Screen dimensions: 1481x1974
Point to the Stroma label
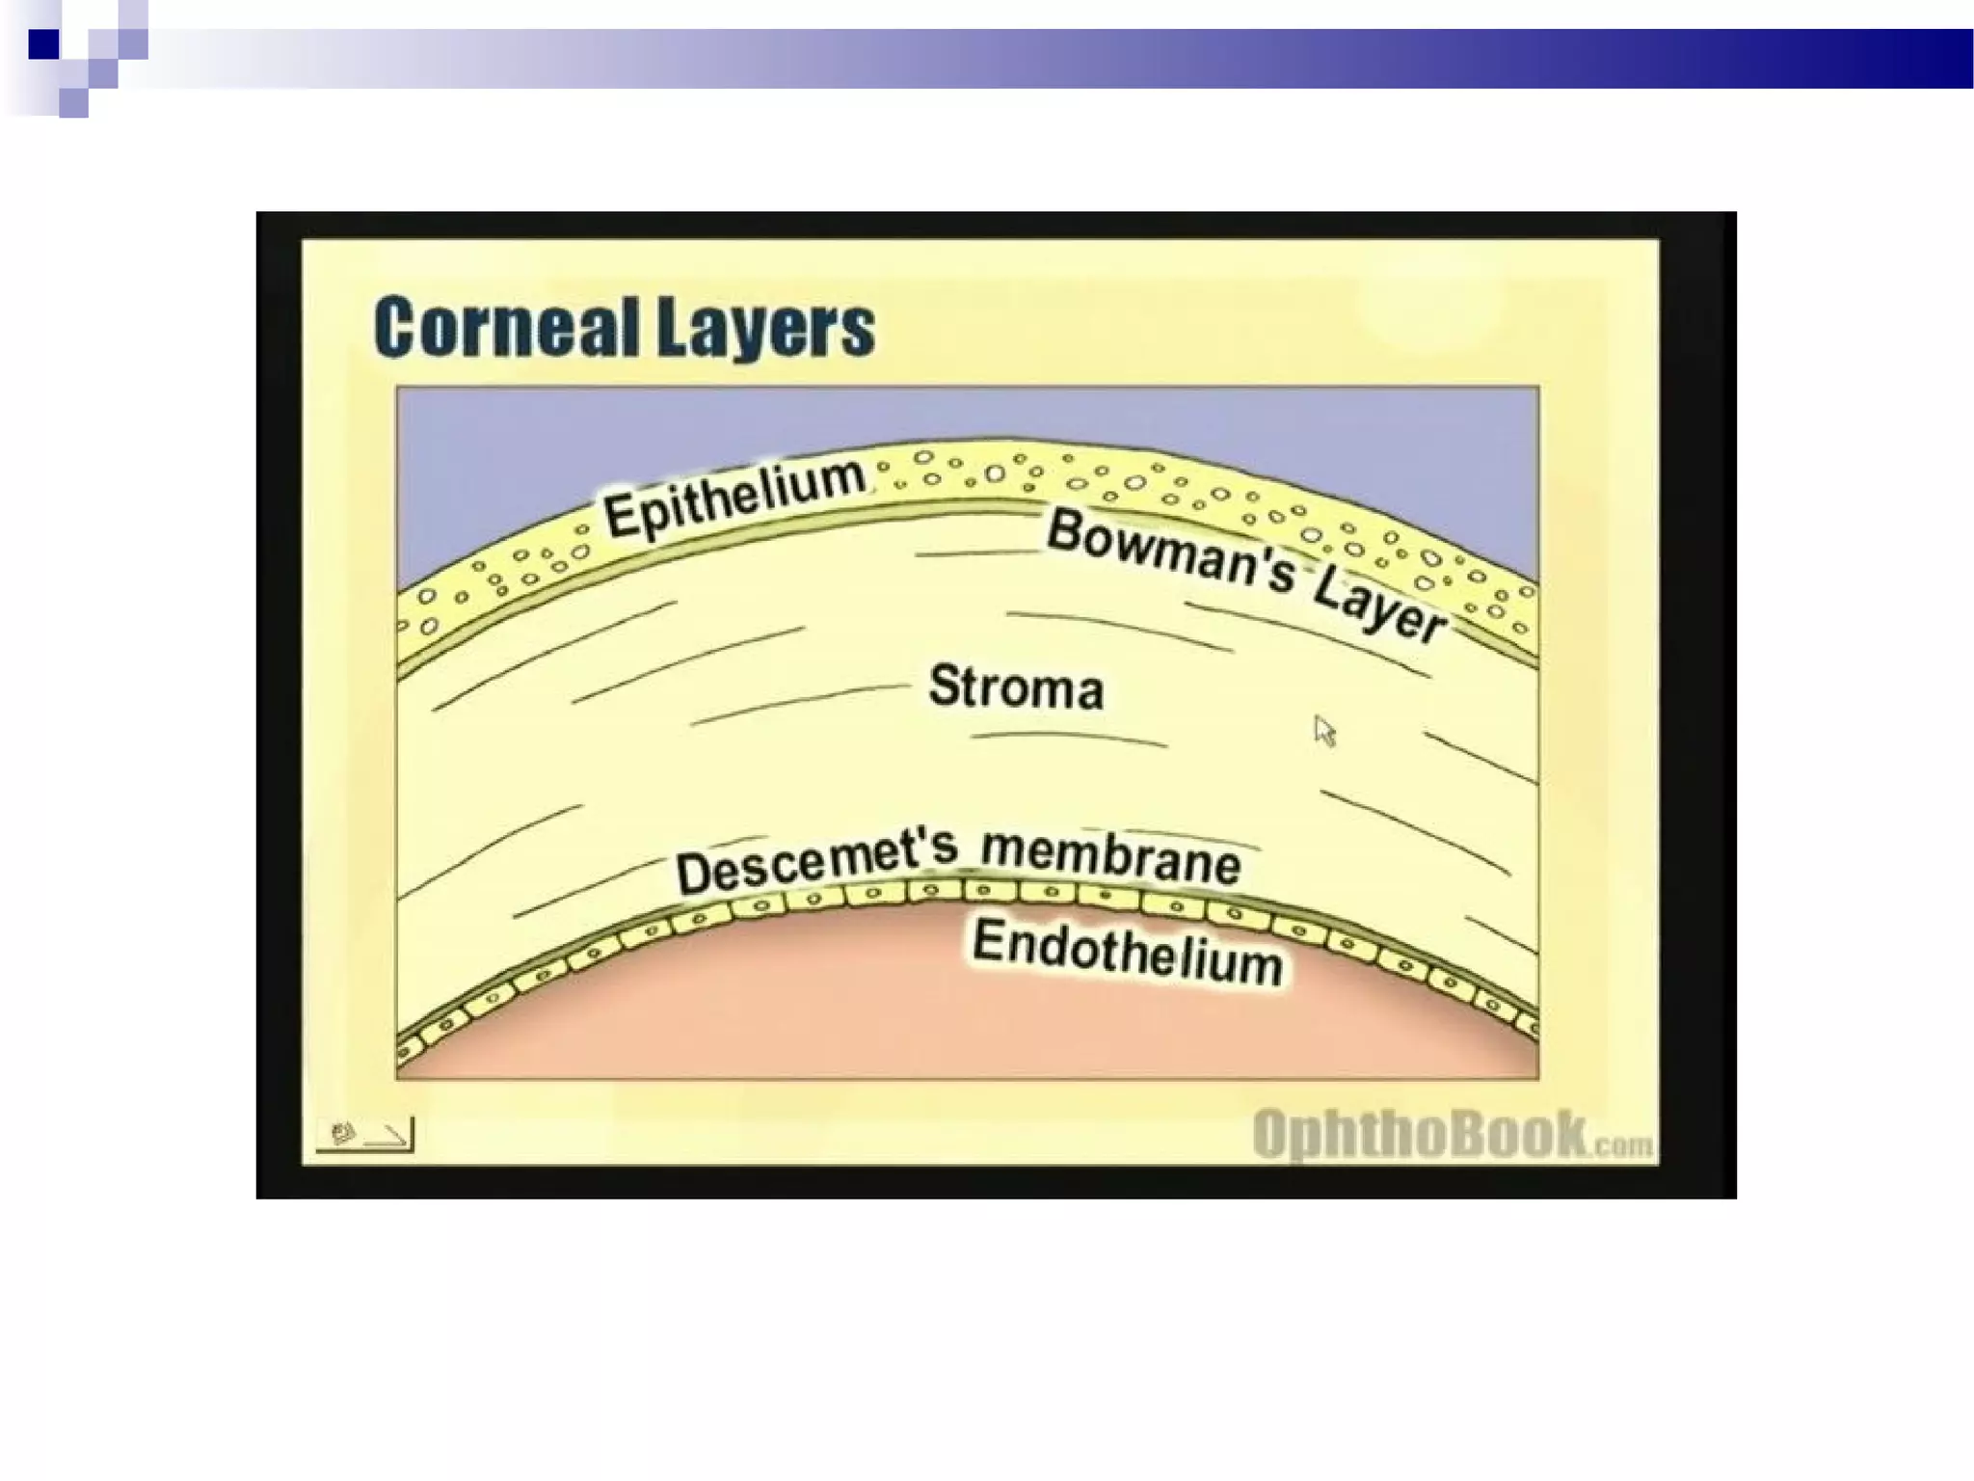click(1016, 687)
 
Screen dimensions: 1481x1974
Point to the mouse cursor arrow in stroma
click(1324, 731)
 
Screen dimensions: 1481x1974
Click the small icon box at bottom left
click(364, 1134)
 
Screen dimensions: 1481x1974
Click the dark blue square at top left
click(43, 44)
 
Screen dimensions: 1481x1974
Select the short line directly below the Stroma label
click(1068, 739)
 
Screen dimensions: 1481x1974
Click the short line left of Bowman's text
click(975, 553)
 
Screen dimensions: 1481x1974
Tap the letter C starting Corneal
click(396, 328)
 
